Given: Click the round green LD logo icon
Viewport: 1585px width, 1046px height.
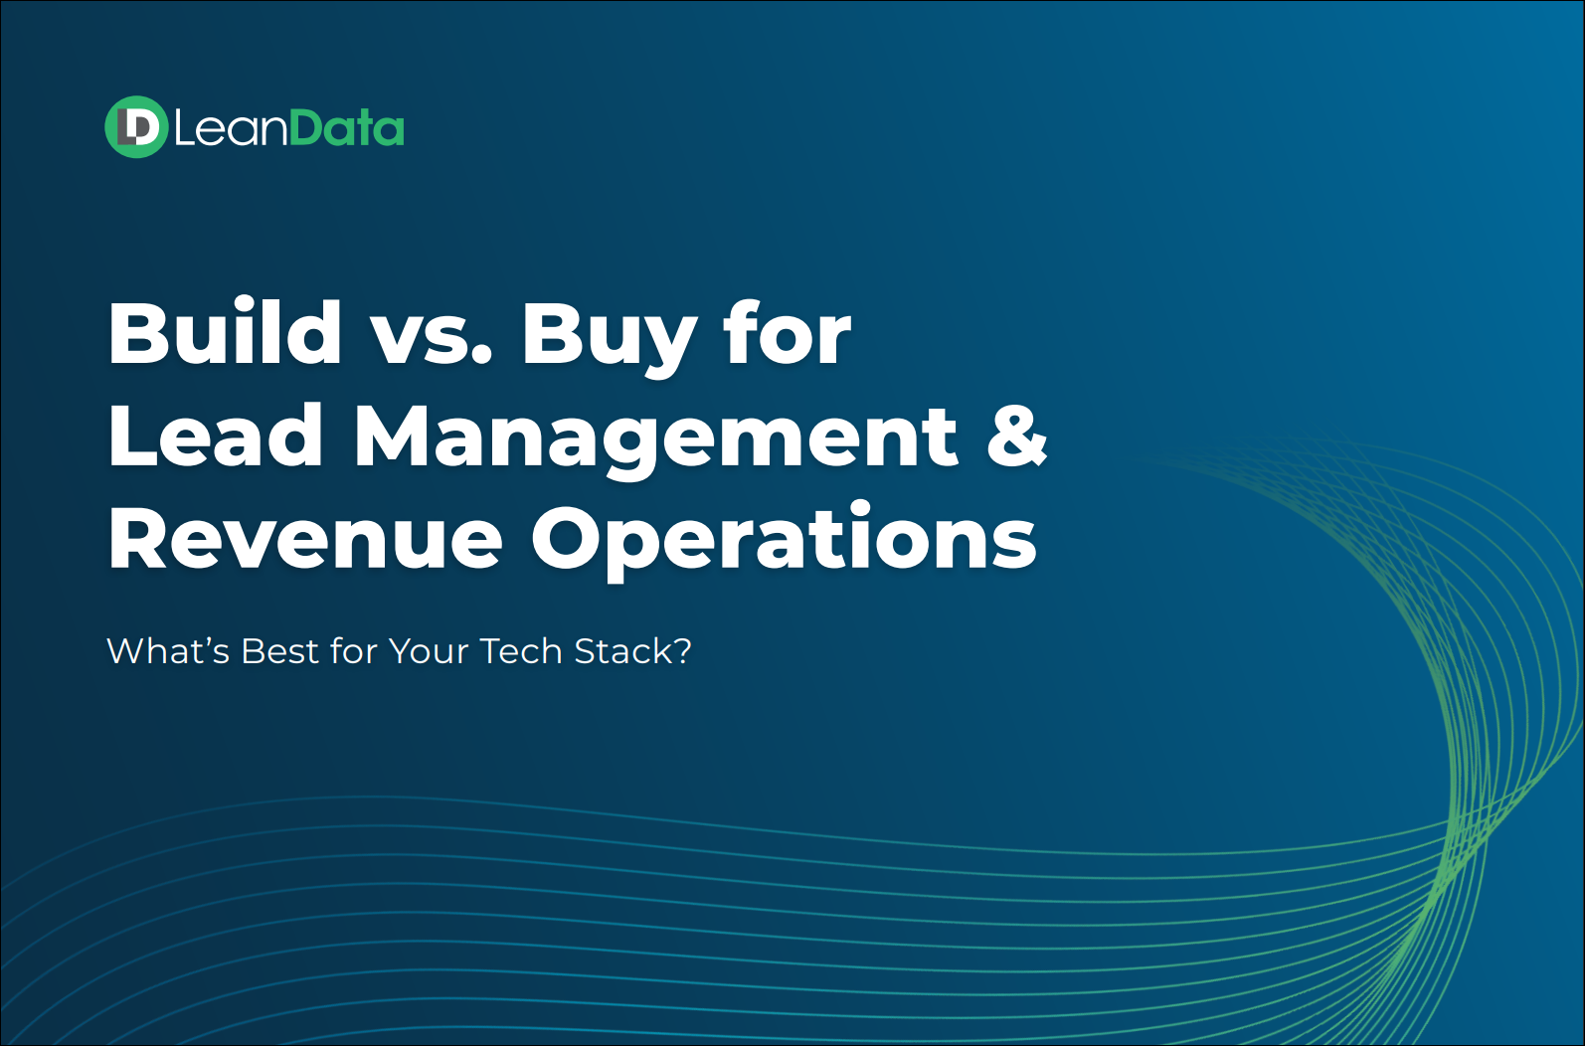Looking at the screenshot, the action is (x=136, y=126).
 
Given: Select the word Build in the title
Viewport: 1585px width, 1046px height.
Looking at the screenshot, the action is (x=225, y=331).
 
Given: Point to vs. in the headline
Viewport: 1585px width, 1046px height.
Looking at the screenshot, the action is (x=432, y=339).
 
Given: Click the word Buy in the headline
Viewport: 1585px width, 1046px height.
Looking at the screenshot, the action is (x=607, y=338).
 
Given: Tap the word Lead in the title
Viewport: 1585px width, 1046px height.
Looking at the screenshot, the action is (x=215, y=435).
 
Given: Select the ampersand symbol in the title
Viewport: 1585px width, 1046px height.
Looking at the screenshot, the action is (x=1017, y=435).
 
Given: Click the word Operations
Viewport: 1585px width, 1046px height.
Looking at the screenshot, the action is (x=784, y=542).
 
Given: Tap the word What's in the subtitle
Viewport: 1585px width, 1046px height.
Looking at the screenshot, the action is (x=168, y=650).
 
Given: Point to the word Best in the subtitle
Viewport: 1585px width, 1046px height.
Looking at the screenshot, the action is (x=280, y=650).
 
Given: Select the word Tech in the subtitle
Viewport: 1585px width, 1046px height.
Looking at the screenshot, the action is (x=521, y=650).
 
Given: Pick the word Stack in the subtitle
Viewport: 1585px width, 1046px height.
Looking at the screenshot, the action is (x=623, y=650).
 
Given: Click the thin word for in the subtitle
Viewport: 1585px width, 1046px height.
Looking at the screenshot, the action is (x=353, y=650).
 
